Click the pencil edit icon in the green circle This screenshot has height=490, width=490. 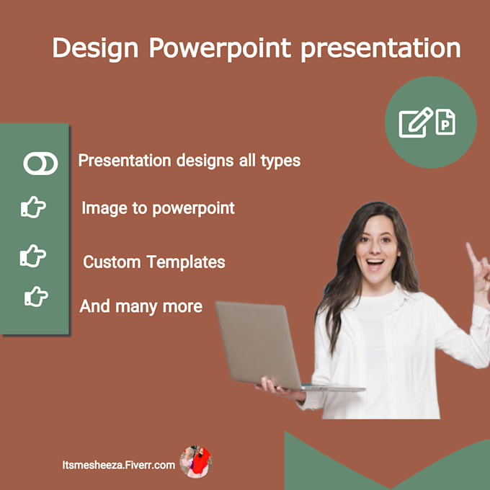pyautogui.click(x=416, y=122)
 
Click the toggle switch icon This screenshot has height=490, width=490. pyautogui.click(x=40, y=164)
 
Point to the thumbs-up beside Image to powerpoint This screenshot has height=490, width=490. pyautogui.click(x=33, y=208)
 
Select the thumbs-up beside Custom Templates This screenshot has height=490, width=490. pyautogui.click(x=33, y=254)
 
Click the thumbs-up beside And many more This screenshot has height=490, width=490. pyautogui.click(x=36, y=296)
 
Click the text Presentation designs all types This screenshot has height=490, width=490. pyautogui.click(x=189, y=160)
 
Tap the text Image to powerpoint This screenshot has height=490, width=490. pyautogui.click(x=158, y=208)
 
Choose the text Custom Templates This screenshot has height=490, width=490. pyautogui.click(x=153, y=262)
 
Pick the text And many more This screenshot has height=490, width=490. pyautogui.click(x=141, y=306)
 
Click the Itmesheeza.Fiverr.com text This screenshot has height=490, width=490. pyautogui.click(x=118, y=465)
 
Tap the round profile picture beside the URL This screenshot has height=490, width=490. pyautogui.click(x=195, y=462)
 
